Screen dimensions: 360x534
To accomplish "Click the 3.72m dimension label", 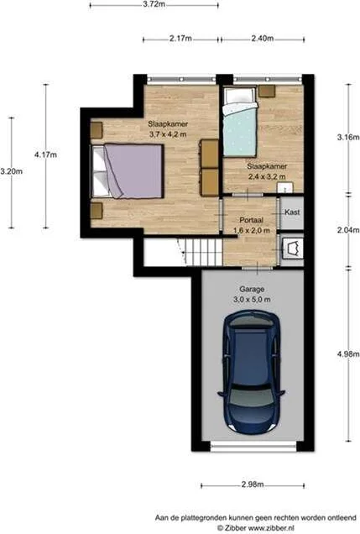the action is click(154, 5).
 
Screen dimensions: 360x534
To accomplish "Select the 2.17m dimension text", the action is click(180, 39).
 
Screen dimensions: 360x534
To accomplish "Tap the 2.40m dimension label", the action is click(263, 39).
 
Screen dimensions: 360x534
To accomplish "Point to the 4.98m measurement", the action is click(348, 354).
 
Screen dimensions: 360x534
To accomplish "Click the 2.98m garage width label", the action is click(253, 484).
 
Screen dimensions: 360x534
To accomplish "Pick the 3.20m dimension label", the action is click(11, 171).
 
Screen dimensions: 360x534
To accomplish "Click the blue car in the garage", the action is click(252, 370).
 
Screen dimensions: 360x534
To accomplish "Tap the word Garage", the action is click(252, 290).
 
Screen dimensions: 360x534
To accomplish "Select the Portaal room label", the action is click(252, 220).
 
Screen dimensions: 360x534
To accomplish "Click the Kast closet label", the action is click(292, 212).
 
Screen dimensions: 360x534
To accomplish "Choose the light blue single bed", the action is click(240, 123).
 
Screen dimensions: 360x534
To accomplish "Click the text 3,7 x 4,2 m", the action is click(168, 134).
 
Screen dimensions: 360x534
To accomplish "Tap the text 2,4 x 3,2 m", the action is click(267, 177).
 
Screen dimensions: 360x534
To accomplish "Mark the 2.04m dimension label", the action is click(348, 230).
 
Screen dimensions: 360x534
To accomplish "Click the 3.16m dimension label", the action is click(348, 138).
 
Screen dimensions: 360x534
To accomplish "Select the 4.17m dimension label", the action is click(45, 155).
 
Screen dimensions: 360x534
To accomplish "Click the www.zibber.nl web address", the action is click(271, 528).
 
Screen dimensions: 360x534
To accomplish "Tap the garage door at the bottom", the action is click(253, 446).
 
